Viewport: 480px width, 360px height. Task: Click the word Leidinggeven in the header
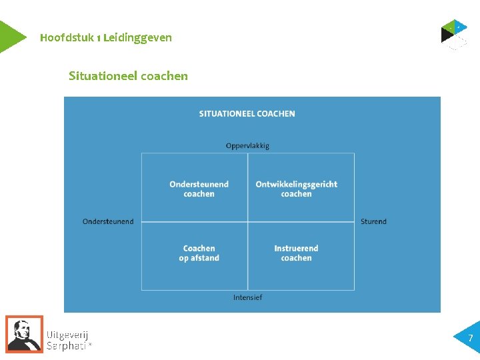[138, 38]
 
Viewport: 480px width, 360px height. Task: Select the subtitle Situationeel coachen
[128, 76]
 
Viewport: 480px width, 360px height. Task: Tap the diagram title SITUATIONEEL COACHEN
[247, 114]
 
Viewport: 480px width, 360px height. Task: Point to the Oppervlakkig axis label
[247, 146]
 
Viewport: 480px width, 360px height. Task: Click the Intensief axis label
[247, 297]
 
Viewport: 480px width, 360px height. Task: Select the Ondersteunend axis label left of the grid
[108, 221]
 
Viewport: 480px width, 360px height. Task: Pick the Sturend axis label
[373, 221]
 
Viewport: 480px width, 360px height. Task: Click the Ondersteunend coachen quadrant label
[199, 189]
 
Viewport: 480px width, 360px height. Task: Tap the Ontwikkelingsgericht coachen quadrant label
[297, 189]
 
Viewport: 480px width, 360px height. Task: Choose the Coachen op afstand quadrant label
[199, 253]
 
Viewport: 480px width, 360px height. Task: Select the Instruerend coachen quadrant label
[297, 253]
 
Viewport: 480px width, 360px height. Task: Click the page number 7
[470, 339]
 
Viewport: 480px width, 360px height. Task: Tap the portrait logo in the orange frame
[24, 333]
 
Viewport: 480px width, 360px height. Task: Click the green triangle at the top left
[10, 37]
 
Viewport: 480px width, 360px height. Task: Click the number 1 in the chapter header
[99, 38]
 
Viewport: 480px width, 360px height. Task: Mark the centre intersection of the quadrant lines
[248, 222]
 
